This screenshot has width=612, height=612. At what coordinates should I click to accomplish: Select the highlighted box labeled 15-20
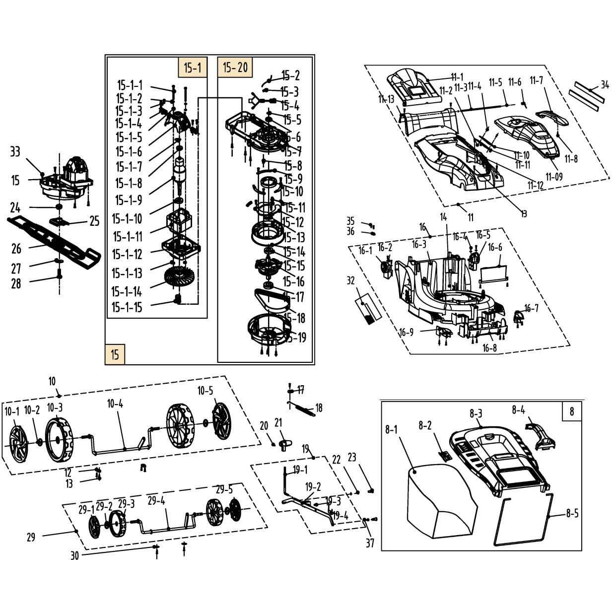[x=235, y=67]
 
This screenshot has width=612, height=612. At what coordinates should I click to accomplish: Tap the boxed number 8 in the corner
[x=571, y=411]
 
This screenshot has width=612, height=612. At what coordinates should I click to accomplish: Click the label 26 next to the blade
[x=16, y=249]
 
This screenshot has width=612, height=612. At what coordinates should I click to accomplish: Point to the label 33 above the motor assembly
[x=15, y=151]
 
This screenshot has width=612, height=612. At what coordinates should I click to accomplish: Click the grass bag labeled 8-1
[x=437, y=501]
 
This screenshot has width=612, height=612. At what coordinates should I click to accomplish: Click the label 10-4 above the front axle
[x=115, y=404]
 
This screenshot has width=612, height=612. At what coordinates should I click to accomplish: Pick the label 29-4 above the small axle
[x=156, y=501]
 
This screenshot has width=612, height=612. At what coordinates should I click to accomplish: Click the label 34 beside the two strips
[x=605, y=85]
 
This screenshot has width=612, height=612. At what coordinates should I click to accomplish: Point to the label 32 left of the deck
[x=351, y=281]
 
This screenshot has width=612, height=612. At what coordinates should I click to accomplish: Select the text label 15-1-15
[x=127, y=307]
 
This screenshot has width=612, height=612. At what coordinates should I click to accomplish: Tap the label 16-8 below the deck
[x=489, y=348]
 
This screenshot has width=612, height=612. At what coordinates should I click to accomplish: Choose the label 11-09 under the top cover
[x=554, y=177]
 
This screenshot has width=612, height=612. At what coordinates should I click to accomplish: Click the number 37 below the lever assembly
[x=370, y=543]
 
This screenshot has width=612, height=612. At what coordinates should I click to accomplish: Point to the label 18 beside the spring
[x=319, y=408]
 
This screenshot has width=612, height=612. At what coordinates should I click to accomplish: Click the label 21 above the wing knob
[x=278, y=423]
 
